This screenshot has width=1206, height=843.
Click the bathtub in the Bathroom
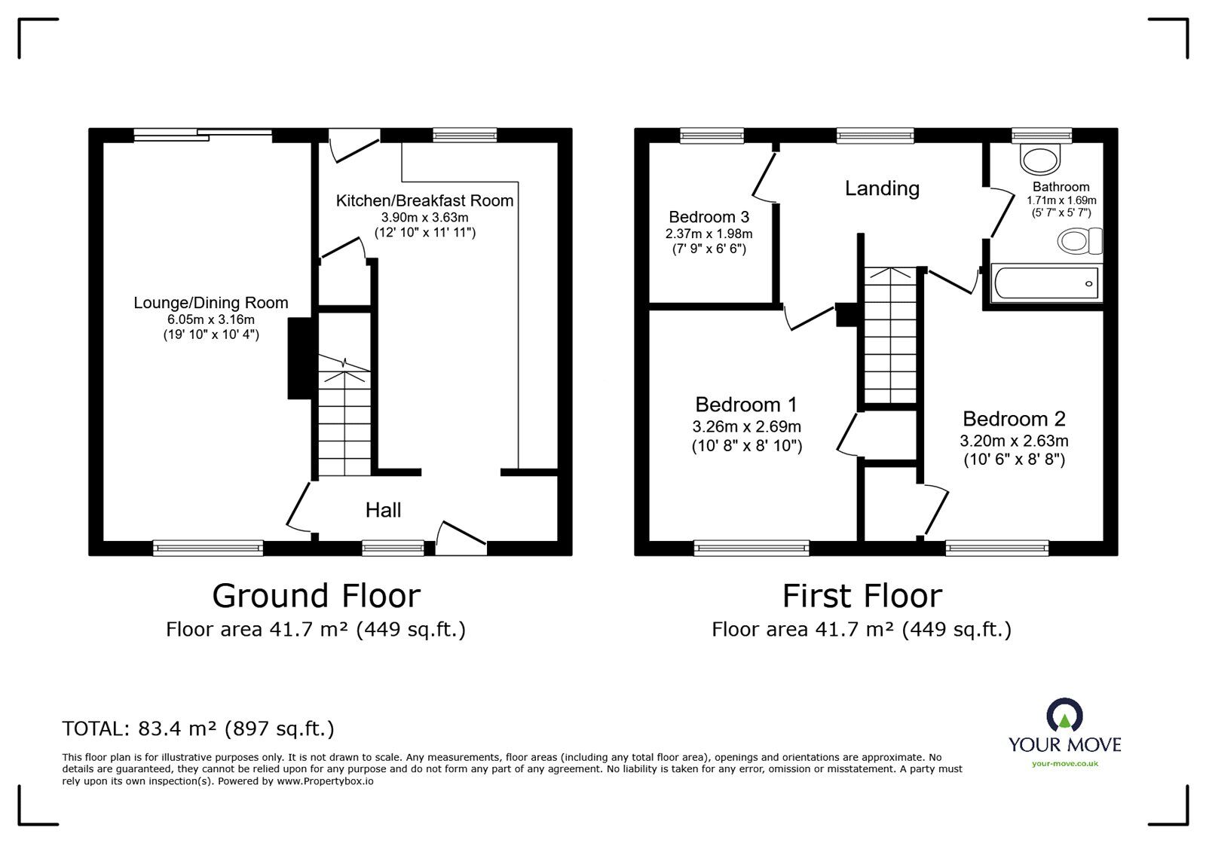1046,283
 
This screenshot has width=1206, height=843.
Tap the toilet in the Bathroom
1079,241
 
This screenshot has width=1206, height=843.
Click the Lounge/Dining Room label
211,303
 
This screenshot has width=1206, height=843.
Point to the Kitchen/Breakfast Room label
425,200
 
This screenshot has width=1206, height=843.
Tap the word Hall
384,510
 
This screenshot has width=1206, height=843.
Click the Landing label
882,188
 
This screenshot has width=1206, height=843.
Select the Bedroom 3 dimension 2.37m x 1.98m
709,234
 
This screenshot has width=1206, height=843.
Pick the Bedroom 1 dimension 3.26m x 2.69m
747,426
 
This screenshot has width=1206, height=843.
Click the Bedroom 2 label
1015,419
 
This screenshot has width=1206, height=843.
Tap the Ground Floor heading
317,596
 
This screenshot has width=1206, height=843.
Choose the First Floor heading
862,596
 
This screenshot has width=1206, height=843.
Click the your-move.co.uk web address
1065,763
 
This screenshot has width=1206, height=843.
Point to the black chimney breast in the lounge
301,359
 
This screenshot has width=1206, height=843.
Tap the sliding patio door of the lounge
203,135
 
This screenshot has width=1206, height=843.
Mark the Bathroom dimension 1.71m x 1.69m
1061,200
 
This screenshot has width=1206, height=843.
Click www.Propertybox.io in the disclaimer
325,781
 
